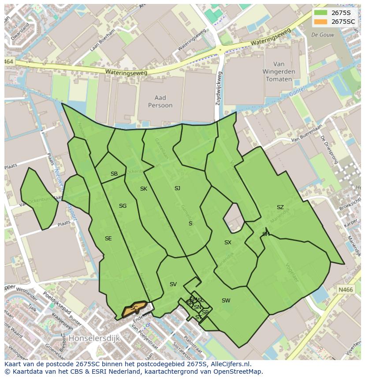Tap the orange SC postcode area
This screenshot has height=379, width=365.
coord(134,309)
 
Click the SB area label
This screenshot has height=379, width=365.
coord(114,174)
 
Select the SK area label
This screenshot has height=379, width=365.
coord(144,189)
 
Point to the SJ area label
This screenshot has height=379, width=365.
coord(177,188)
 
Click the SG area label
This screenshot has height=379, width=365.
coord(123,206)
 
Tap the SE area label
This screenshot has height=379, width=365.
coord(108,239)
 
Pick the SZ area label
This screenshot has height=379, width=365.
coord(280,207)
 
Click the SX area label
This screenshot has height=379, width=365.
coord(227,243)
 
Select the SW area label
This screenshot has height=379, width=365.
coord(226,301)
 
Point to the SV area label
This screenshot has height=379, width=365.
coord(173,284)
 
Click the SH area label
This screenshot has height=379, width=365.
coord(266,234)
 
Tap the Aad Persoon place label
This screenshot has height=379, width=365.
coord(157,102)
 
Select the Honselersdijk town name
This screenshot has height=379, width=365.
coord(93,339)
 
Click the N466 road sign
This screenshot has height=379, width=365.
coord(346,290)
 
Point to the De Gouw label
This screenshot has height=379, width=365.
coord(320,34)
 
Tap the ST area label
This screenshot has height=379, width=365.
coord(199,317)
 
